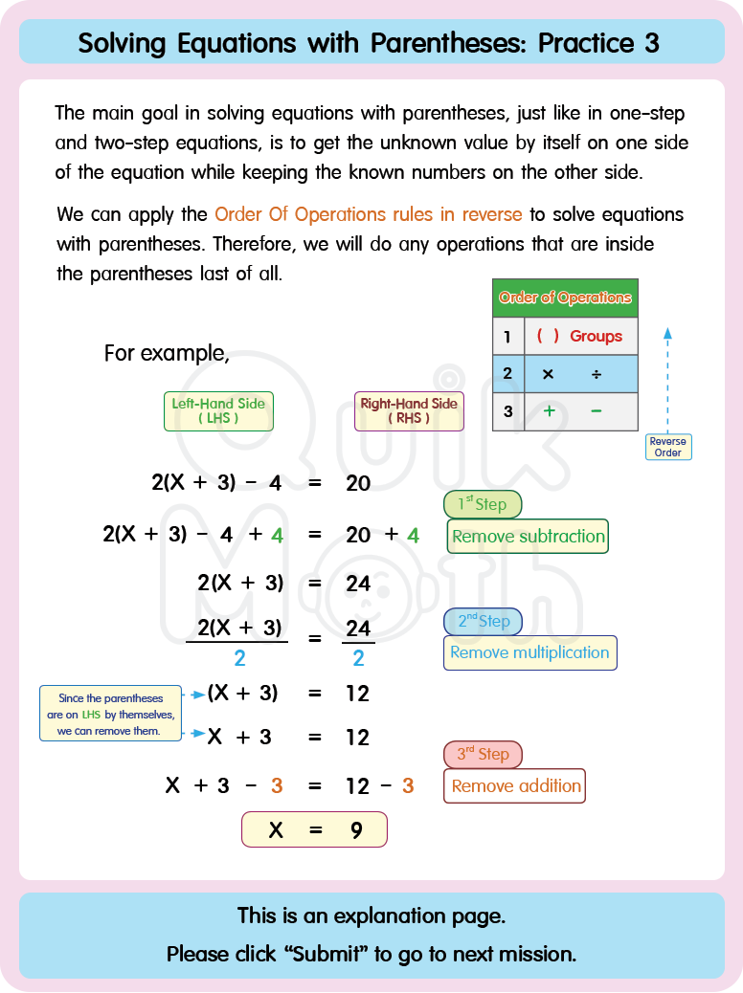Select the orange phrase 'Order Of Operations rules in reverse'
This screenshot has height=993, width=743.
pyautogui.click(x=369, y=214)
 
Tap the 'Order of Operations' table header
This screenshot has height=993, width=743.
pyautogui.click(x=565, y=298)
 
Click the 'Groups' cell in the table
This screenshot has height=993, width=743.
pyautogui.click(x=596, y=336)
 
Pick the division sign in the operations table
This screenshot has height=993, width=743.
pyautogui.click(x=597, y=374)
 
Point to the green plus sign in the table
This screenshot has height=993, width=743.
pyautogui.click(x=550, y=411)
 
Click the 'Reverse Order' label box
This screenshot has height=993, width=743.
pyautogui.click(x=667, y=447)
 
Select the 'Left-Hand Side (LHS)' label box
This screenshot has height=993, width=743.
pyautogui.click(x=218, y=410)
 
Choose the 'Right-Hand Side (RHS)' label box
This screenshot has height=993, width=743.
pyautogui.click(x=409, y=410)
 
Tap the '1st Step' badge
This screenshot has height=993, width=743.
pyautogui.click(x=483, y=504)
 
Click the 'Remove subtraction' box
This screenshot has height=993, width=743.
pyautogui.click(x=528, y=537)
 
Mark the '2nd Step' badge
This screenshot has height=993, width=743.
pyautogui.click(x=483, y=621)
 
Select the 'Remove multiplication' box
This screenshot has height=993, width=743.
pyautogui.click(x=529, y=652)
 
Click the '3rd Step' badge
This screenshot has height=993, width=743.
pyautogui.click(x=483, y=754)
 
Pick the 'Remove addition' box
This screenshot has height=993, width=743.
pyautogui.click(x=515, y=786)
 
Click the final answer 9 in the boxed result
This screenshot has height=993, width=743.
pyautogui.click(x=356, y=830)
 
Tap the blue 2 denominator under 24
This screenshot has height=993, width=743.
pyautogui.click(x=358, y=658)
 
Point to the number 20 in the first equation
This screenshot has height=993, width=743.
pyautogui.click(x=358, y=483)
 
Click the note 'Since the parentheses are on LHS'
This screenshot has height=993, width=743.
pyautogui.click(x=111, y=715)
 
